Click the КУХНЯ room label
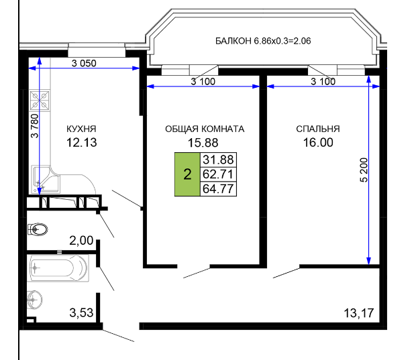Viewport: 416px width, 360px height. [x=81, y=129]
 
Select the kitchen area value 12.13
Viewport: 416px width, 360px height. [x=81, y=143]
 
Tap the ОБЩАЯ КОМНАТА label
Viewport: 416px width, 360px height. [x=205, y=129]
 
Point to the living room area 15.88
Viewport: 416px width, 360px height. [x=203, y=143]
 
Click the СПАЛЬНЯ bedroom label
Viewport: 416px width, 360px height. [x=318, y=129]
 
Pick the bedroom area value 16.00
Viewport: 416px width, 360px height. [x=318, y=143]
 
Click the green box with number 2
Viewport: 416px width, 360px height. [x=187, y=174]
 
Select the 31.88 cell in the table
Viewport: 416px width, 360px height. [x=218, y=160]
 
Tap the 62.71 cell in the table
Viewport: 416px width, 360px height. [x=218, y=174]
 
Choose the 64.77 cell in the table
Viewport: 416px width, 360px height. [x=218, y=189]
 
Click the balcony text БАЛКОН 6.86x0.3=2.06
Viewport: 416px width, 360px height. [x=263, y=41]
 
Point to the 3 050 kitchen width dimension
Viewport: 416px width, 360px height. [x=84, y=64]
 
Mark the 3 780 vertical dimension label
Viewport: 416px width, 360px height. [x=35, y=126]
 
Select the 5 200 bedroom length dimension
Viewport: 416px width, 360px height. [x=364, y=170]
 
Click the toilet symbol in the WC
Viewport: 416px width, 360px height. [x=38, y=229]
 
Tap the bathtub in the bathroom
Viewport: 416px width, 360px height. [x=58, y=268]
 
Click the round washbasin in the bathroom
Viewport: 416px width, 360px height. [x=34, y=300]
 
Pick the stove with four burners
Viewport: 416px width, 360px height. [x=40, y=101]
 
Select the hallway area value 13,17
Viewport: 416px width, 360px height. [x=359, y=313]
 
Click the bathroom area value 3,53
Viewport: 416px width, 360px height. [x=81, y=313]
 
